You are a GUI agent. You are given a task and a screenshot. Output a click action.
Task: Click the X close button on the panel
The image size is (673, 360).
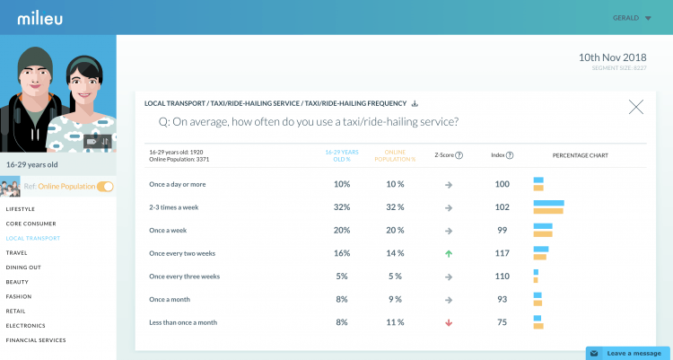[636, 107]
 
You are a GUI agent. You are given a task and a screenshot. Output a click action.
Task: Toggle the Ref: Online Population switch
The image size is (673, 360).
[105, 187]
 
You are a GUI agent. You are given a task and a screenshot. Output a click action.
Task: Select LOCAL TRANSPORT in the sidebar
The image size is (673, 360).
[33, 238]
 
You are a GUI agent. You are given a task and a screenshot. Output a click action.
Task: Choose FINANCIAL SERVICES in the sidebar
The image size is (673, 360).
[37, 340]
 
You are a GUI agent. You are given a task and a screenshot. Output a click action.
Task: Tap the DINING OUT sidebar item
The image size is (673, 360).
[24, 268]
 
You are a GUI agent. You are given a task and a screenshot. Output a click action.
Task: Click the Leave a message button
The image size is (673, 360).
[628, 353]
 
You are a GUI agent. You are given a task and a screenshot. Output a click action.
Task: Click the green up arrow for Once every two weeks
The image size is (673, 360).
[449, 253]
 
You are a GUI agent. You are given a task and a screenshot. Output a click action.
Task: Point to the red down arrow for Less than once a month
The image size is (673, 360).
[449, 321]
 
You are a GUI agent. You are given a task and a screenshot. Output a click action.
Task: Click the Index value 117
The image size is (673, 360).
[503, 253]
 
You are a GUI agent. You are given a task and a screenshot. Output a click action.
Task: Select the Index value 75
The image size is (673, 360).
[503, 321]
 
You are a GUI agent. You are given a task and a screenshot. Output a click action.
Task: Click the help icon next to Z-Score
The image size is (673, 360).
[459, 155]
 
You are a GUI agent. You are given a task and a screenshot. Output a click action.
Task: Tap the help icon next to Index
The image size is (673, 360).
[510, 155]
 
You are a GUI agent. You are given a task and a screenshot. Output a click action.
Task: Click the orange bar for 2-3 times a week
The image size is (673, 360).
[548, 211]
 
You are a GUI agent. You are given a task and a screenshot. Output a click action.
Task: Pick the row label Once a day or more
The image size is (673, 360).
[177, 184]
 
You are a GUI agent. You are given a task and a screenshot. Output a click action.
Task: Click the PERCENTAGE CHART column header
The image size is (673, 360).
[580, 155]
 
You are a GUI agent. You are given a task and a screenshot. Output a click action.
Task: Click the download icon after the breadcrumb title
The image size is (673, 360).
[415, 103]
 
